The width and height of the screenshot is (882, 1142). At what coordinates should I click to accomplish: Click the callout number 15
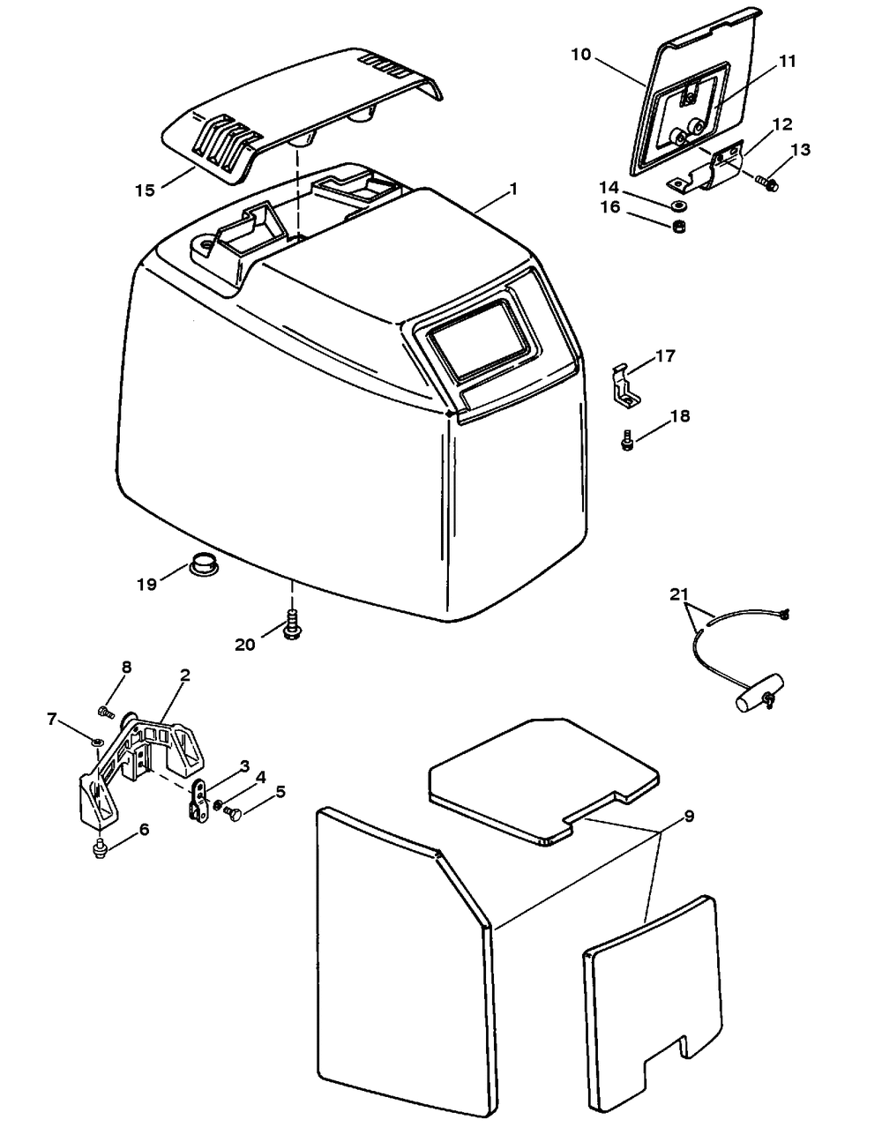[x=146, y=190]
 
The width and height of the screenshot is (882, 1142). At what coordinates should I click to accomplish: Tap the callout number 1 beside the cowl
[x=513, y=190]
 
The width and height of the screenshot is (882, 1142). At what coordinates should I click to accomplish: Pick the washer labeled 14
[x=679, y=205]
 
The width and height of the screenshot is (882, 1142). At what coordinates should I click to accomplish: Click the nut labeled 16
[x=679, y=228]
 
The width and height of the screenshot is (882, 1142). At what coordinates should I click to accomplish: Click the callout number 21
[x=678, y=595]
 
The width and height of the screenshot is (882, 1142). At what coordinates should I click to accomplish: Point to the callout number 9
[x=689, y=817]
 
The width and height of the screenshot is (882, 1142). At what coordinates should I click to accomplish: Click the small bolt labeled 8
[x=106, y=709]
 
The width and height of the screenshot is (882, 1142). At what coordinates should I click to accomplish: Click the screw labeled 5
[x=235, y=810]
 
